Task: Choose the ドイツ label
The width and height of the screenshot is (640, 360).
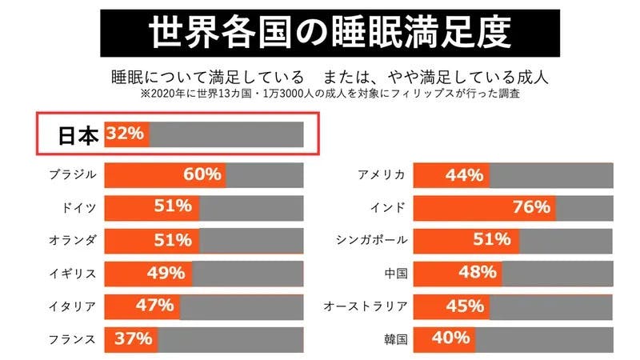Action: coord(79,207)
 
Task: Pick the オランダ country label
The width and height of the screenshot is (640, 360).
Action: coord(72,240)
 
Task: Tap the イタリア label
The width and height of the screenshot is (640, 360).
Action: coord(72,306)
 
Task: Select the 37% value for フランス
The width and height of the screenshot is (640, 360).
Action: coord(133,338)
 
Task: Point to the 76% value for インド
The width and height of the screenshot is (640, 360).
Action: coord(530,207)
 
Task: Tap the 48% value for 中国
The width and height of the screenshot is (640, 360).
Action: coord(477,273)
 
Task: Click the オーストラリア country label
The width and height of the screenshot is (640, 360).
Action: coord(366,306)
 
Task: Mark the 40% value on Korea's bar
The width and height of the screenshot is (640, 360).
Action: coord(450,338)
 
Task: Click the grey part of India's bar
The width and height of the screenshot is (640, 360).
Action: coord(584,207)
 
